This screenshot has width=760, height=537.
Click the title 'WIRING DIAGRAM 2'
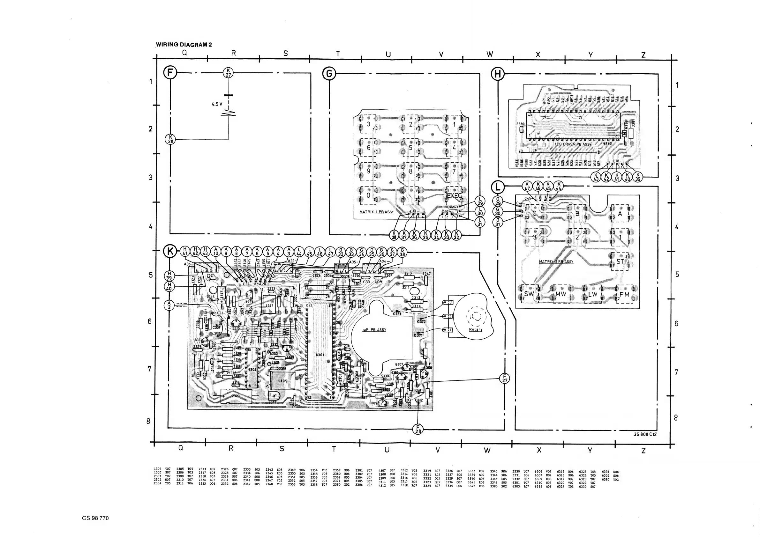click(184, 45)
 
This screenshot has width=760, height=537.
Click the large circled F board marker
click(170, 72)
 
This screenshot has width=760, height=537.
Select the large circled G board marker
click(329, 74)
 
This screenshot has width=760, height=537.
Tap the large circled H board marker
click(498, 74)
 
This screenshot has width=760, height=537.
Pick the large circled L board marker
click(497, 187)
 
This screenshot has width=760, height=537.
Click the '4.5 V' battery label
click(217, 104)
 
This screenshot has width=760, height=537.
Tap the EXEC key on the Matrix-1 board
click(454, 196)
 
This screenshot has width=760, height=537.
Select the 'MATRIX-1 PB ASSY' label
click(376, 212)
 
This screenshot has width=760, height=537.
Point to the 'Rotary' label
click(476, 329)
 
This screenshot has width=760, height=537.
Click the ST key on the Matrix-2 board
click(620, 261)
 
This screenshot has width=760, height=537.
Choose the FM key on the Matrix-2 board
click(624, 294)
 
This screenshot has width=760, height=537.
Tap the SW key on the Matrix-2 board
click(529, 294)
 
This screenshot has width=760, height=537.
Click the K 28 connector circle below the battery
click(170, 139)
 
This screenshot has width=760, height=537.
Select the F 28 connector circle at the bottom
click(418, 429)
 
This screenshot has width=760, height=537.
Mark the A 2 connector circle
click(169, 305)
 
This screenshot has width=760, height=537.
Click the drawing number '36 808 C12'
click(645, 434)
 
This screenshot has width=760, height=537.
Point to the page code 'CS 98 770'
click(95, 518)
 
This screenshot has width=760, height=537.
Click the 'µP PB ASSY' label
click(374, 330)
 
